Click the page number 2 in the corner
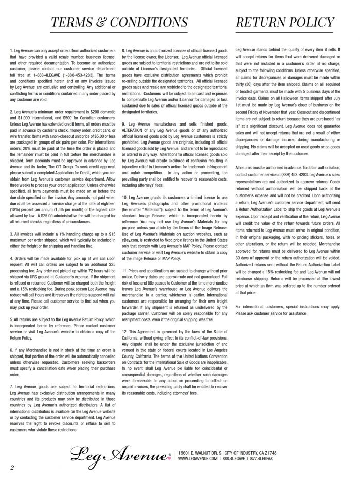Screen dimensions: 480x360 11,467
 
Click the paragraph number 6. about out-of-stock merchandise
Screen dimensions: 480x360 11,349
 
